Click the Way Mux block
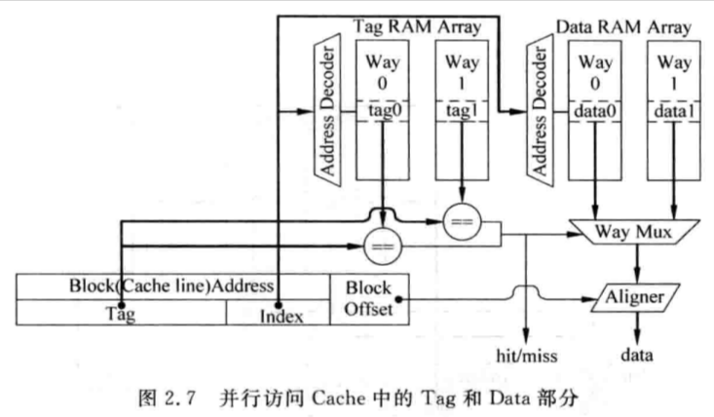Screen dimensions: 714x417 tap(634, 232)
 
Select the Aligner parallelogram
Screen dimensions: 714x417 tap(635, 298)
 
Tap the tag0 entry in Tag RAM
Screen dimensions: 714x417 tap(383, 111)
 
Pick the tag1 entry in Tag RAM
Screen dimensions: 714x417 tap(462, 111)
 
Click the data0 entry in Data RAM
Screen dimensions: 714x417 tap(595, 111)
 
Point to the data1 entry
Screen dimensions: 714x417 tap(674, 111)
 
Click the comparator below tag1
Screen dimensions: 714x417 tap(462, 222)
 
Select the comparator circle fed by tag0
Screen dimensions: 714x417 tap(383, 246)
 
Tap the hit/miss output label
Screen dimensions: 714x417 tap(526, 356)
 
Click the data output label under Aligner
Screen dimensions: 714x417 tap(637, 355)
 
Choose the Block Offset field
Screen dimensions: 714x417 tap(369, 299)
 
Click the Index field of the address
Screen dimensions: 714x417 tap(279, 313)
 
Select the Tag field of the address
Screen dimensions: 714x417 tap(121, 313)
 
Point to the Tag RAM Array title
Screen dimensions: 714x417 tap(417, 26)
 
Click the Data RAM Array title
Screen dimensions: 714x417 tap(623, 27)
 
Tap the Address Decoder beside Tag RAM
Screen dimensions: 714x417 tap(327, 110)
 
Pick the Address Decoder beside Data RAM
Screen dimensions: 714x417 tap(540, 110)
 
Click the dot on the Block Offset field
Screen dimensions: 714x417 tap(398, 299)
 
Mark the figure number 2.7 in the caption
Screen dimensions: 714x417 tap(179, 398)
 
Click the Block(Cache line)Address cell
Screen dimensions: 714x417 tap(172, 286)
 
